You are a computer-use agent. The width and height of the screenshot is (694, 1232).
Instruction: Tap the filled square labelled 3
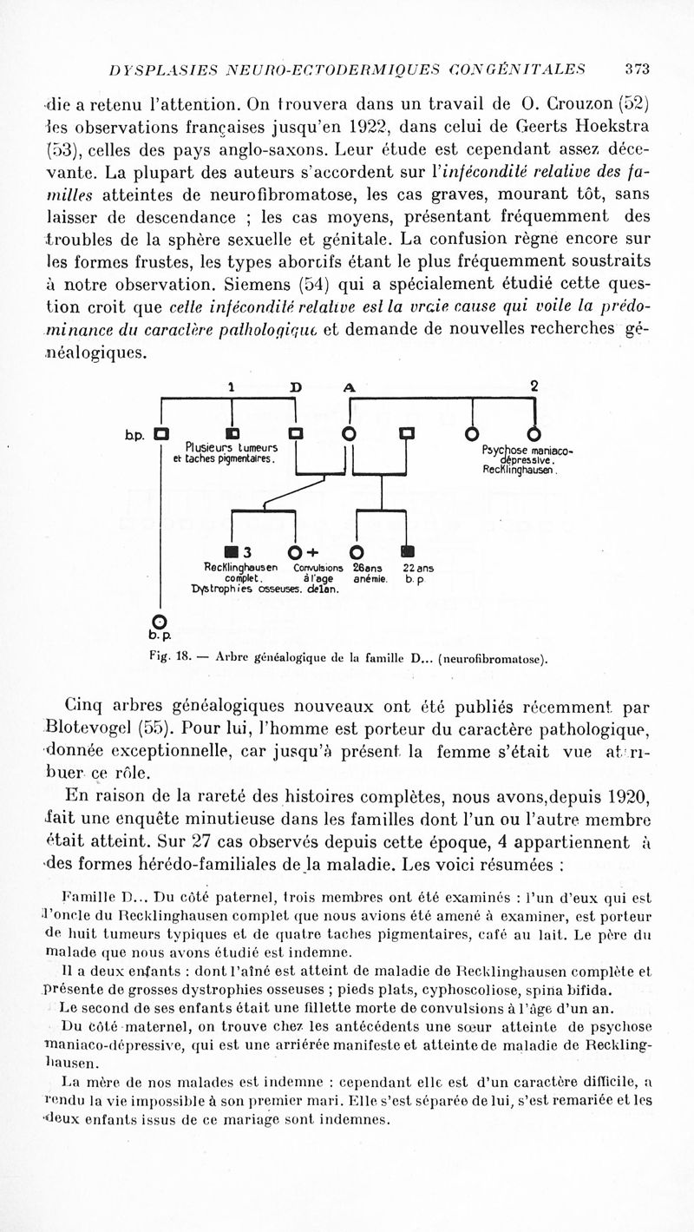tap(231, 551)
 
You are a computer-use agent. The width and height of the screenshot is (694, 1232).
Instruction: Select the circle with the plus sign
tap(295, 552)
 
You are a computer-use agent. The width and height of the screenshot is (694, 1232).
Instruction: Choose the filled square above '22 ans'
tap(408, 551)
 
